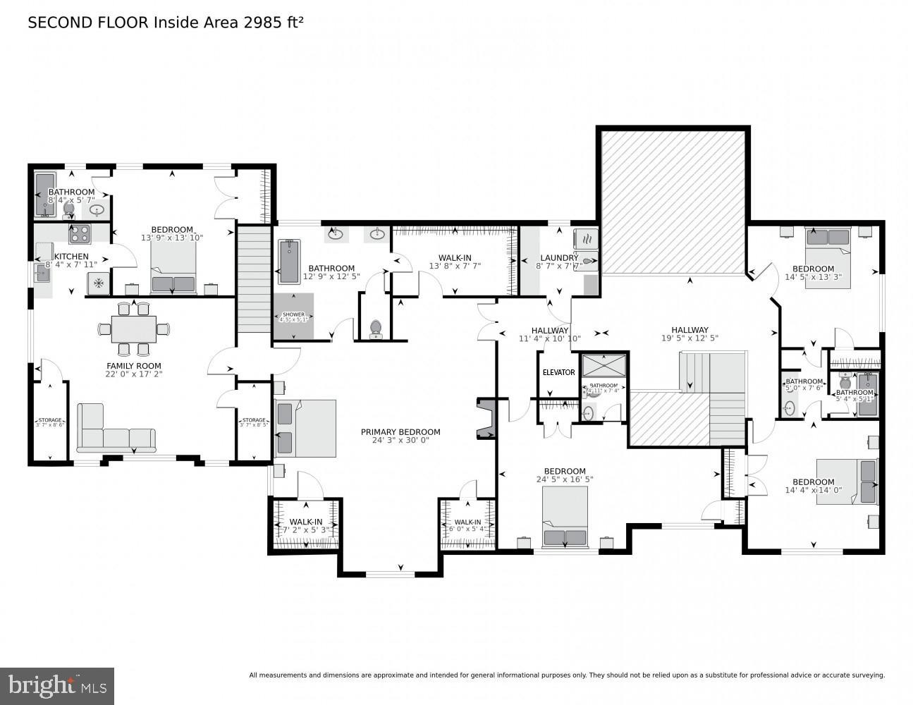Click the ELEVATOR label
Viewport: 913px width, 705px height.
coord(558,372)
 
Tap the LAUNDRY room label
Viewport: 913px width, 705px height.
coord(559,258)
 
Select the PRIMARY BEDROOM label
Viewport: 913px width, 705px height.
coord(400,432)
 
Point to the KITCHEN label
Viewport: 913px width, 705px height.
coord(71,257)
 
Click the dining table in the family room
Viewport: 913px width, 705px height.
coord(134,329)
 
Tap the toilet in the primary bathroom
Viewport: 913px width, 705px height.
coord(376,328)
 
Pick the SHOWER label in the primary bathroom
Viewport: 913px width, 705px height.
coord(293,314)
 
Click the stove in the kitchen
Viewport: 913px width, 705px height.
coord(79,232)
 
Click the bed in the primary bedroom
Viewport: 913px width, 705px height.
coord(305,429)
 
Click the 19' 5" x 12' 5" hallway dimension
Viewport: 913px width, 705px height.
coord(690,338)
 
